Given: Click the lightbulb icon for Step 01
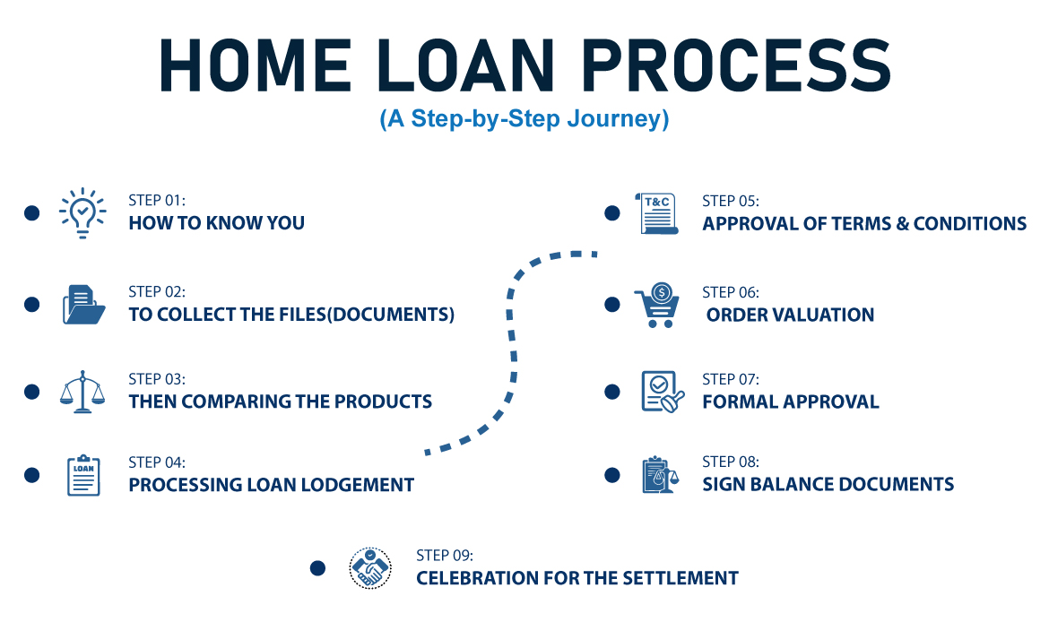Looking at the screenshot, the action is coord(82,212).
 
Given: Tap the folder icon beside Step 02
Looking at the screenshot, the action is coord(83,305).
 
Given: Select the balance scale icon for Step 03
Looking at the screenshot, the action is coord(82,392).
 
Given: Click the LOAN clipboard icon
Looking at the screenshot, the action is coord(83,475).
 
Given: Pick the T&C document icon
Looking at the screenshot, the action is coord(656,213).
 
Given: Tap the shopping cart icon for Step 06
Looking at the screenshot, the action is coord(657,305).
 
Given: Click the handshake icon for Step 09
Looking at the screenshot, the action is coord(370,568).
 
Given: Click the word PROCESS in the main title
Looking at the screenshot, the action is coord(736,65).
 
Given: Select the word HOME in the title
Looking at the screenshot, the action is coord(255,65).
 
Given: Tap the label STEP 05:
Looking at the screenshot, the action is coord(731,201).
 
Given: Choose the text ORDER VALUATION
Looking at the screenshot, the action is coord(790,315).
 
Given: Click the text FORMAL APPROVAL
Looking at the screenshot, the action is coord(791,402).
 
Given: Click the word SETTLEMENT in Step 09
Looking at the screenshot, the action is coord(681,578).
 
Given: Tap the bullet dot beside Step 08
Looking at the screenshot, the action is coord(612,475).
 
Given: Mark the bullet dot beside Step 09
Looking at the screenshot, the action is coord(317,568).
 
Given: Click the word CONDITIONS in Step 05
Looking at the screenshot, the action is coord(970,223).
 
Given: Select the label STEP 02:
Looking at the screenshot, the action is coord(157,291).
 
